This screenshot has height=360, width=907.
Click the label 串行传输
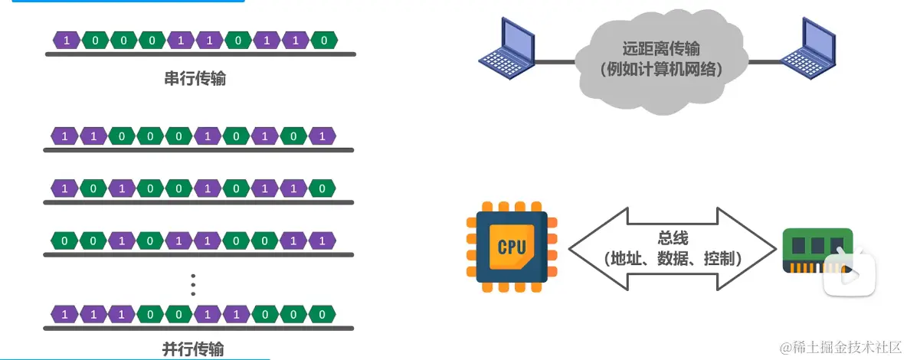coord(195,78)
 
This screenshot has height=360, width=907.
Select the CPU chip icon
coord(511,247)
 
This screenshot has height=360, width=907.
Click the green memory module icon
coord(817,250)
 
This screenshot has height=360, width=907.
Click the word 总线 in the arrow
coord(672,238)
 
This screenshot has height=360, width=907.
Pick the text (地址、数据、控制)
coord(672,259)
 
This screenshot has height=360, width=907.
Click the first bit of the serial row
coord(67,40)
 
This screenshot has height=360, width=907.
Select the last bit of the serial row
coord(324,40)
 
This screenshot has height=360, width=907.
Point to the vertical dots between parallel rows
coord(193,284)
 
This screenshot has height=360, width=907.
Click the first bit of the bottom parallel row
coord(65,314)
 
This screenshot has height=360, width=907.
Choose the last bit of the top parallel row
coord(323,137)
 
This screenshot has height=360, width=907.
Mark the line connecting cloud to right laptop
coord(766,61)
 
